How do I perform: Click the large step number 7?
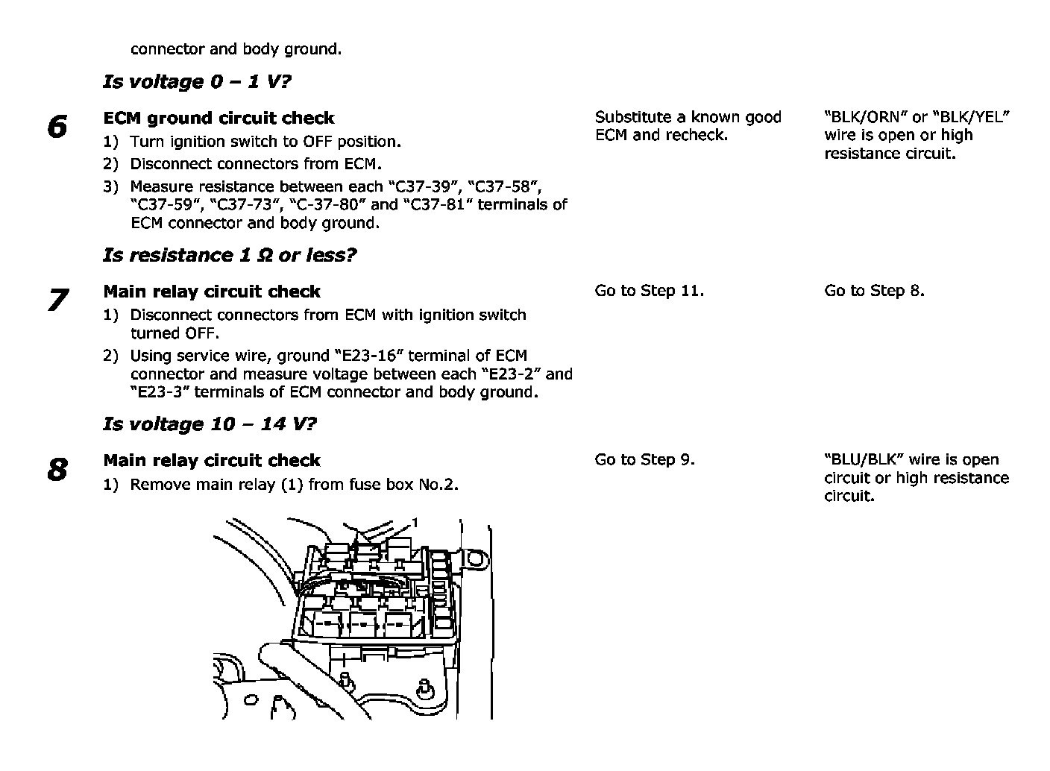57,300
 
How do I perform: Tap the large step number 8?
57,470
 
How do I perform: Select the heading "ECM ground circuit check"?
219,118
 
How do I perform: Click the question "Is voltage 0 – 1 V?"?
197,81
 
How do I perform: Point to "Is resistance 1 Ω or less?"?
230,255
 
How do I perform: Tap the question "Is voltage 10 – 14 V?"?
210,424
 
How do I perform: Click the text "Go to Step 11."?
649,291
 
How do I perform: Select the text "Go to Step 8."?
874,291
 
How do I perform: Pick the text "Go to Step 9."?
644,460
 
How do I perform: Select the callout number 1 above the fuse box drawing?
414,522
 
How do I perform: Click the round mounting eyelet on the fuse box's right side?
475,556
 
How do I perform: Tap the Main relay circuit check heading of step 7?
212,292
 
